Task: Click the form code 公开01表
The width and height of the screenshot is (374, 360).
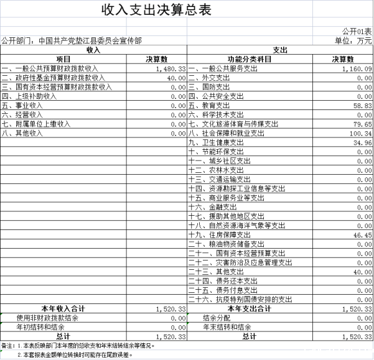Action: (x=357, y=31)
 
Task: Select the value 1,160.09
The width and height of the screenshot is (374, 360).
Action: (x=357, y=68)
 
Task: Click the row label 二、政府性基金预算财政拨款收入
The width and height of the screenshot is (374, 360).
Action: (x=54, y=78)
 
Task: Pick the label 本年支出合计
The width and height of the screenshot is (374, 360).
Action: (x=249, y=308)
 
